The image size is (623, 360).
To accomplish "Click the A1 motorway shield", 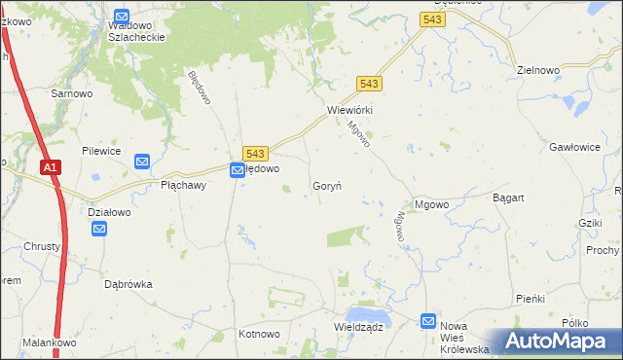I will (52, 168).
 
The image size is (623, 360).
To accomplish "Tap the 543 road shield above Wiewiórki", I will (369, 85).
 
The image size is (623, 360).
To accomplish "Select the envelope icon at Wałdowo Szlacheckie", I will (122, 17).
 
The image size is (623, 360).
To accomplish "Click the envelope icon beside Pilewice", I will (141, 162).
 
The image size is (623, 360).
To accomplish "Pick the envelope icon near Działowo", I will (99, 230).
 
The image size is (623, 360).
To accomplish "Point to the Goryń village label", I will (326, 185).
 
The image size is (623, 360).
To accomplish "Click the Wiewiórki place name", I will (350, 110).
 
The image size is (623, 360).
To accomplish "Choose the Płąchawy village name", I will (183, 185).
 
